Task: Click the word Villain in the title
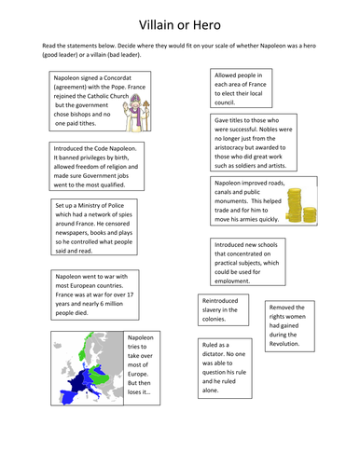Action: click(157, 25)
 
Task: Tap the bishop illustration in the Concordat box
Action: click(136, 113)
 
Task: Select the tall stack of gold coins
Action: click(294, 205)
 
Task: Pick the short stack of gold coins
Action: click(310, 215)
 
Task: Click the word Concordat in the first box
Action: click(118, 78)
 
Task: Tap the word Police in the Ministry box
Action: click(116, 205)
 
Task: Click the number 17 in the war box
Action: click(131, 295)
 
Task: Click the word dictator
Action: click(213, 354)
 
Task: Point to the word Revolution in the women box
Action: click(284, 344)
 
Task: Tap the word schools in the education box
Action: click(267, 245)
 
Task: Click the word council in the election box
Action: click(225, 103)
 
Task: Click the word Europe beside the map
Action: click(138, 374)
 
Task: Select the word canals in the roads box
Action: click(223, 192)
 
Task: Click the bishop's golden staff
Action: click(146, 116)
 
